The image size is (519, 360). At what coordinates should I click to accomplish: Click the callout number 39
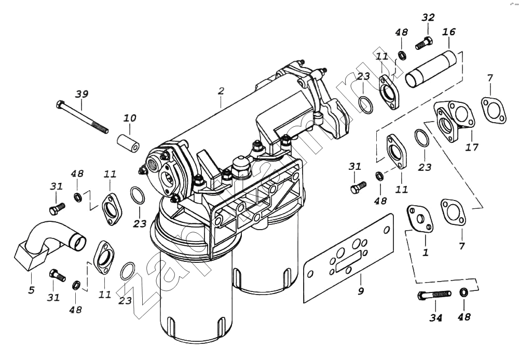click(81, 94)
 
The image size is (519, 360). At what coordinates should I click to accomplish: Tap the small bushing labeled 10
click(128, 143)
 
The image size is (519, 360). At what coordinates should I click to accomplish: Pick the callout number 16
click(448, 32)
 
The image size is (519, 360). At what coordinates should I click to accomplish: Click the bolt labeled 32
click(424, 43)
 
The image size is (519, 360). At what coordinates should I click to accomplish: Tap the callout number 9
click(360, 291)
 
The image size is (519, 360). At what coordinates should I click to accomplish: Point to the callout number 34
click(435, 317)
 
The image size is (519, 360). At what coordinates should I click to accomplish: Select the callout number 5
click(31, 290)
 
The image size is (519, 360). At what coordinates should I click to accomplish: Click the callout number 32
click(428, 17)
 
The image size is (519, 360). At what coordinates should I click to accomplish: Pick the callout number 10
click(130, 118)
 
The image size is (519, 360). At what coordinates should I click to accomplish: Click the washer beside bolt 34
click(463, 293)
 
